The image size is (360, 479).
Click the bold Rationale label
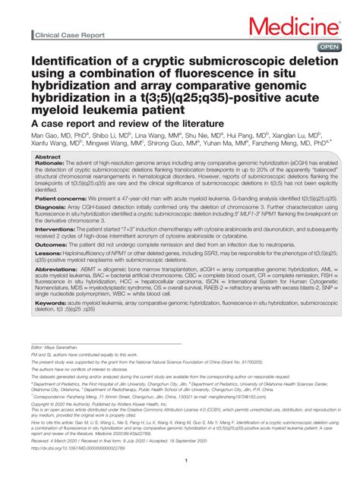pos(49,162)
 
